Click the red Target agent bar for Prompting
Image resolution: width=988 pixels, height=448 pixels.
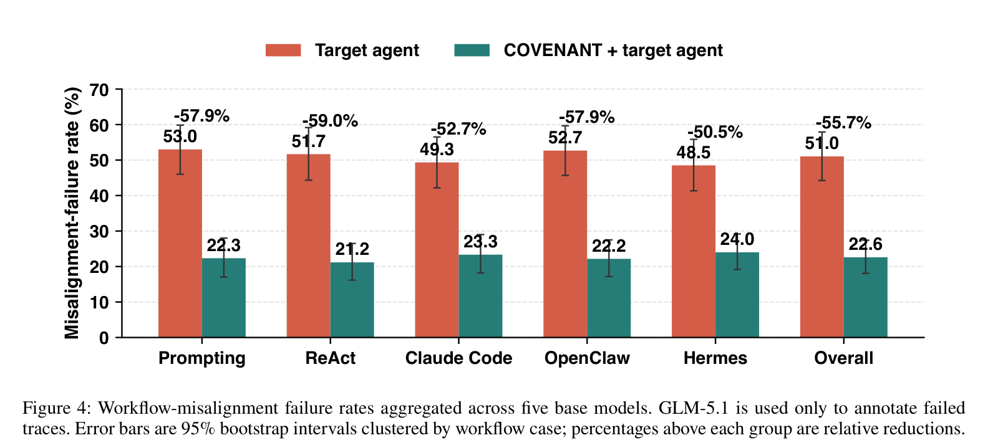(x=180, y=243)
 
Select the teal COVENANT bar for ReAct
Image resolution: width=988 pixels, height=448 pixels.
(x=352, y=300)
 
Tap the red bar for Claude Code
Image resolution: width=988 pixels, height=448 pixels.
(x=437, y=250)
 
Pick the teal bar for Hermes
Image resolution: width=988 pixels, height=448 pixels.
(x=737, y=295)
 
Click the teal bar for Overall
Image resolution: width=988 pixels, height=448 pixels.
(x=865, y=297)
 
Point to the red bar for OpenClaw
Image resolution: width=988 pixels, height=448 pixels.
(x=565, y=244)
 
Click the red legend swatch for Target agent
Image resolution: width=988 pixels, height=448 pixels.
(x=283, y=50)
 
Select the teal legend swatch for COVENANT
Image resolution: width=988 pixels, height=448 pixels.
(x=472, y=50)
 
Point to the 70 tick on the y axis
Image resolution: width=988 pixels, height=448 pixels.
(x=119, y=90)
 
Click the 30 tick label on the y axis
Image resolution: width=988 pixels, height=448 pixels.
(x=99, y=231)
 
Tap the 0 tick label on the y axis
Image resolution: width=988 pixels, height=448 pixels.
(x=104, y=338)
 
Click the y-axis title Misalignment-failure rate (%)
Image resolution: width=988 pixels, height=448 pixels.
(x=72, y=213)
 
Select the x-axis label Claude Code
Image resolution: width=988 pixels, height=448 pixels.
(x=458, y=358)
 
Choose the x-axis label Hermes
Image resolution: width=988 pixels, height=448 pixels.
(x=715, y=358)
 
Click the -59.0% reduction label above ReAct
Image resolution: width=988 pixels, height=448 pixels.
(x=331, y=121)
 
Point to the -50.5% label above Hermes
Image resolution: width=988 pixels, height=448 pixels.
(x=715, y=132)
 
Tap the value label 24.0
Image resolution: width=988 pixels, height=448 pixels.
(x=737, y=239)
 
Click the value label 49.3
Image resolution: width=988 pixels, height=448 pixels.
(x=437, y=150)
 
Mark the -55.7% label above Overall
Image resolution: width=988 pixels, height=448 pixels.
(x=844, y=123)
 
